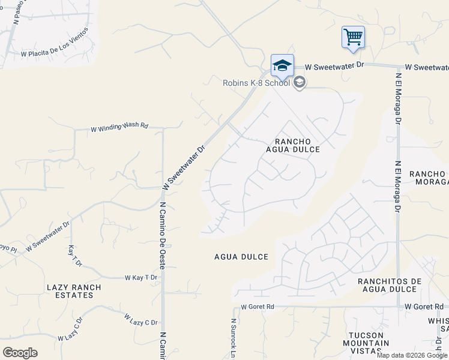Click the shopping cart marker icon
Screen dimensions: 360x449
(353, 37)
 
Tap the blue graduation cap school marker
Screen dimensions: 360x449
(282, 65)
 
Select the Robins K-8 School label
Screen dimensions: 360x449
(256, 83)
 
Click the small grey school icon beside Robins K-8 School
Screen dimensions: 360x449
(299, 83)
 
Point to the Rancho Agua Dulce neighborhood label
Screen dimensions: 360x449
(294, 145)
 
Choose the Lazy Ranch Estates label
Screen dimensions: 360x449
(74, 292)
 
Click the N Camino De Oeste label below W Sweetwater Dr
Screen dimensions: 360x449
(162, 231)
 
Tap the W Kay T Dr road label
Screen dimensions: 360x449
(140, 278)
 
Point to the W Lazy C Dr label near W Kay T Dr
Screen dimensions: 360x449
(140, 319)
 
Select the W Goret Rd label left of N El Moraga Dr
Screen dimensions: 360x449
(258, 307)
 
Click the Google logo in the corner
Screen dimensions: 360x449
(20, 353)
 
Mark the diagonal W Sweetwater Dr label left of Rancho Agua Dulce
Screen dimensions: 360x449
(184, 167)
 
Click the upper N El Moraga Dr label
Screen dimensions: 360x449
(397, 98)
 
